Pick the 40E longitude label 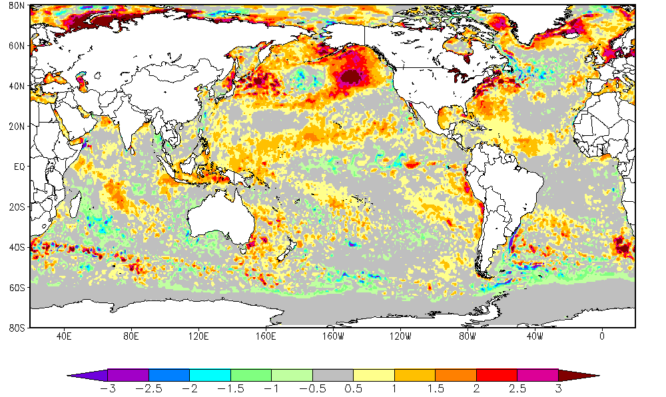click(64, 336)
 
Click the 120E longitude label click(198, 336)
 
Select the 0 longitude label click(602, 336)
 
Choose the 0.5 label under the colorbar click(353, 388)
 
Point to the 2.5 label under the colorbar click(517, 388)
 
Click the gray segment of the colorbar click(332, 375)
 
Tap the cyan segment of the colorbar click(210, 375)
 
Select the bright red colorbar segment click(497, 375)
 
